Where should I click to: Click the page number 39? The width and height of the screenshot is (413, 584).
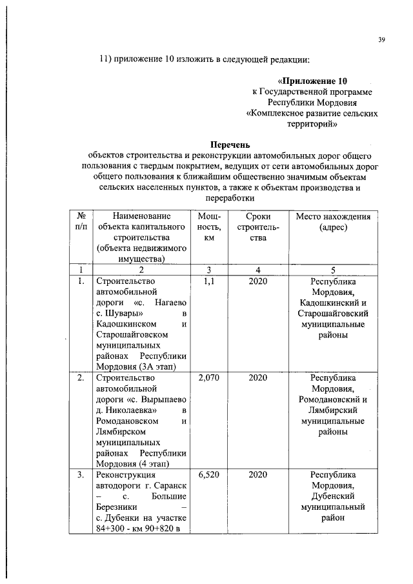click(x=381, y=40)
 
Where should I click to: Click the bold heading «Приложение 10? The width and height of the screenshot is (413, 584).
click(x=312, y=81)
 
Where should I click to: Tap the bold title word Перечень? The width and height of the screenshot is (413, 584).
click(x=230, y=145)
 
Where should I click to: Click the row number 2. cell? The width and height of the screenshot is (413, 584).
click(x=80, y=378)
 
